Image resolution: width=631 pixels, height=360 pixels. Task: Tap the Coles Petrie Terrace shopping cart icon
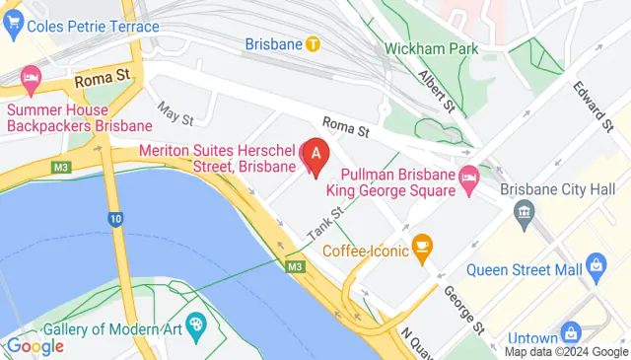click(13, 26)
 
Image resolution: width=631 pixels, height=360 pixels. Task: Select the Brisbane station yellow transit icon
click(313, 43)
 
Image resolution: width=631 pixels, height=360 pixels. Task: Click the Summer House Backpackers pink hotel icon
click(32, 77)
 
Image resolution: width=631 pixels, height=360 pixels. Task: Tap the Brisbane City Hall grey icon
click(524, 210)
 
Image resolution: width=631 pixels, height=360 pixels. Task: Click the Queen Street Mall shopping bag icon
click(595, 263)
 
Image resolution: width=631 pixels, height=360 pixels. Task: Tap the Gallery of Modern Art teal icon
click(195, 323)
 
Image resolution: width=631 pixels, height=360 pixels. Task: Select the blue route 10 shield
click(115, 218)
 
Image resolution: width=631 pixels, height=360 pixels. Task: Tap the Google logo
click(35, 345)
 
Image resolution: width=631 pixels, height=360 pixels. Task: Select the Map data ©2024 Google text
click(566, 351)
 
